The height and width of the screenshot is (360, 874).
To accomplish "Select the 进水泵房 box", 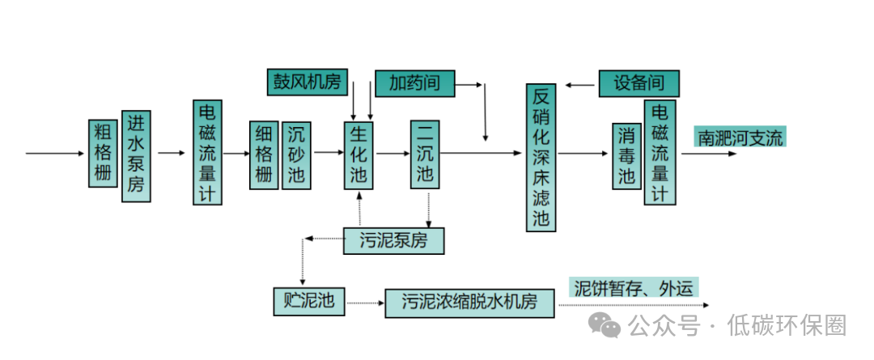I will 136,155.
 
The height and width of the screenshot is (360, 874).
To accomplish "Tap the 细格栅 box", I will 264,155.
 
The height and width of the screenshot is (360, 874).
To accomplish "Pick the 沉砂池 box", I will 296,155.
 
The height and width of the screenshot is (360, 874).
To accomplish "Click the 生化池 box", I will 359,155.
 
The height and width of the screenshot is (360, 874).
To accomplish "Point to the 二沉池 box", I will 424,155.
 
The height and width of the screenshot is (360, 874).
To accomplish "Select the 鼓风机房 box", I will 308,82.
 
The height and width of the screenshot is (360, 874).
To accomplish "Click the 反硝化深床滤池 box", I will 541,158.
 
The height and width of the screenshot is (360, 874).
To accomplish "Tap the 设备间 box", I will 639,84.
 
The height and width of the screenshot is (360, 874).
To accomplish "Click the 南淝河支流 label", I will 741,138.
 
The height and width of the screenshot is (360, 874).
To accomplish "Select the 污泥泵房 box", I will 394,240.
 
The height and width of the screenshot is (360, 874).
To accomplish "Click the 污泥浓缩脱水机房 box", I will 470,303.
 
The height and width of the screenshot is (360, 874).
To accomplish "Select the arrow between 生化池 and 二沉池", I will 392,152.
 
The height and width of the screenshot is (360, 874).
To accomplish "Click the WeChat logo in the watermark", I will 605,325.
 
